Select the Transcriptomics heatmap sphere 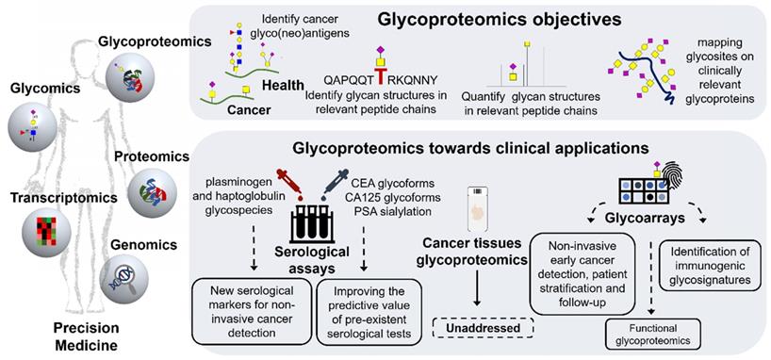click(x=47, y=232)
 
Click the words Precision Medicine click(x=86, y=336)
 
